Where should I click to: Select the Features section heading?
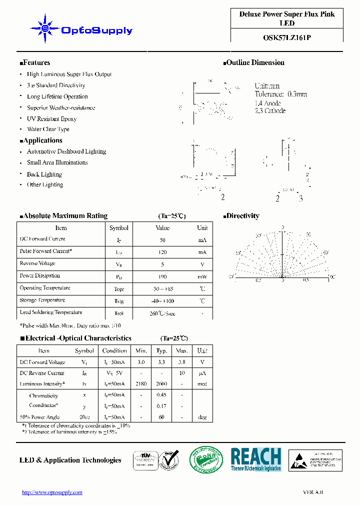35,62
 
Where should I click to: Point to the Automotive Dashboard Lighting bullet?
66,151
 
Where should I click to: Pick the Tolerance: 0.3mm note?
280,94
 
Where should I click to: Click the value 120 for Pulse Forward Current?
162,252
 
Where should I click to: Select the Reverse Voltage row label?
37,263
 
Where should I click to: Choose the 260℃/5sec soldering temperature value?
162,313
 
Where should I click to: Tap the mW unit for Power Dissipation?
202,277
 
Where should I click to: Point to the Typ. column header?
161,350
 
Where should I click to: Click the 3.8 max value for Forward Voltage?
182,362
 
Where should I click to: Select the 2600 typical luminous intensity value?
161,384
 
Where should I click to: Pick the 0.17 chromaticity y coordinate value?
161,406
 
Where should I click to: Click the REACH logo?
255,459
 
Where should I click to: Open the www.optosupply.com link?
52,492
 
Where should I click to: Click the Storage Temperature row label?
42,300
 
